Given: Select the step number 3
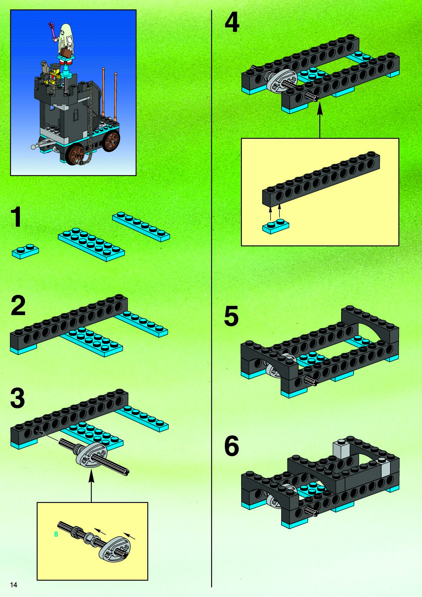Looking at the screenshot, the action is pyautogui.click(x=18, y=398).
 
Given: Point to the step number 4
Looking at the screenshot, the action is pyautogui.click(x=232, y=23).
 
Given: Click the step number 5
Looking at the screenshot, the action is pyautogui.click(x=231, y=316).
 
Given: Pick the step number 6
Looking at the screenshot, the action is pyautogui.click(x=231, y=445).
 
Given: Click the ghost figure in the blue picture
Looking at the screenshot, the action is pyautogui.click(x=66, y=39).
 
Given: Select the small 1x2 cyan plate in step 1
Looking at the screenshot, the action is pyautogui.click(x=25, y=251).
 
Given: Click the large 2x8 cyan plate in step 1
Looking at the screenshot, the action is pyautogui.click(x=91, y=245).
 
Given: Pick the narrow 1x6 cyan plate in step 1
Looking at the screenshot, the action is pyautogui.click(x=141, y=227).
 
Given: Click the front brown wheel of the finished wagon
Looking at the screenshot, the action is pyautogui.click(x=77, y=155).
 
